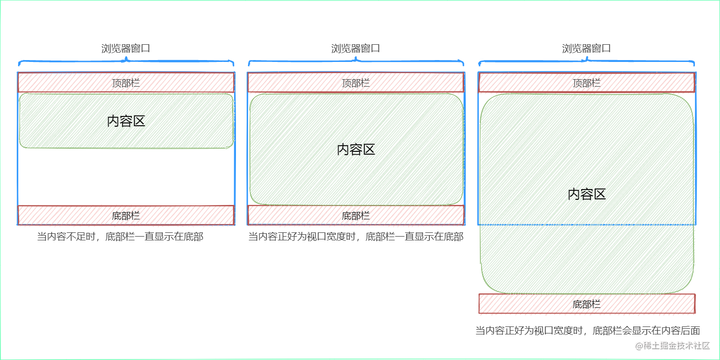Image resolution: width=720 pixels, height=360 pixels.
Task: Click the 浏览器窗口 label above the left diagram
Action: (126, 48)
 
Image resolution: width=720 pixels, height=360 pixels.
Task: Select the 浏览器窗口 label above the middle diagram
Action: (356, 48)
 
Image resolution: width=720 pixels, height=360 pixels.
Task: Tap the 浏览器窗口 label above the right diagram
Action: (586, 48)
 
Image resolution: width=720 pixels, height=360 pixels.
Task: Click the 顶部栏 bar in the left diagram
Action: (126, 83)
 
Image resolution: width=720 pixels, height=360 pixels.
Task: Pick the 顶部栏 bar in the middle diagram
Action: (356, 83)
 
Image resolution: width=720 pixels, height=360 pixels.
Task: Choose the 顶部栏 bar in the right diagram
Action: (586, 83)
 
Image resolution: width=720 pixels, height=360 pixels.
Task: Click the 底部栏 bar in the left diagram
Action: (126, 215)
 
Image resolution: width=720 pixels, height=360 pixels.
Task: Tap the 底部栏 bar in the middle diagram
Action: (356, 215)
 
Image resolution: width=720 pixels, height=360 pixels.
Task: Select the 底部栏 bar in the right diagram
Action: (586, 304)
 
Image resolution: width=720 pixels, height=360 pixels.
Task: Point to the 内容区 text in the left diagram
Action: (126, 122)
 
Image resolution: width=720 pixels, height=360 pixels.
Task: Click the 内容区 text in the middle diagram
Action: (356, 149)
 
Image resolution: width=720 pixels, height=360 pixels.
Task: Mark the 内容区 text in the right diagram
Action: (586, 194)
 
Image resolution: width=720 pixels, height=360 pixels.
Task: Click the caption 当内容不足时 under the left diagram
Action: (120, 237)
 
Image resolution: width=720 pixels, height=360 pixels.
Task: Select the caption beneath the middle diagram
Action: (356, 237)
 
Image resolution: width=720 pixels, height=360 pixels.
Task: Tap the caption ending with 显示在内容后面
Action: (587, 331)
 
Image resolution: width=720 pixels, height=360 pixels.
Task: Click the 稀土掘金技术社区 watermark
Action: (673, 346)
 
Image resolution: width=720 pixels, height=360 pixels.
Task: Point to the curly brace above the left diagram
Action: (126, 61)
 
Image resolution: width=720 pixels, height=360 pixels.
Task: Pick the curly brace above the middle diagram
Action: (356, 61)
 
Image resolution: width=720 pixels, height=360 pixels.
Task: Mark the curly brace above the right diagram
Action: (586, 61)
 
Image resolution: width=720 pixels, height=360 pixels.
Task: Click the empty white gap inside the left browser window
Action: (126, 177)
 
